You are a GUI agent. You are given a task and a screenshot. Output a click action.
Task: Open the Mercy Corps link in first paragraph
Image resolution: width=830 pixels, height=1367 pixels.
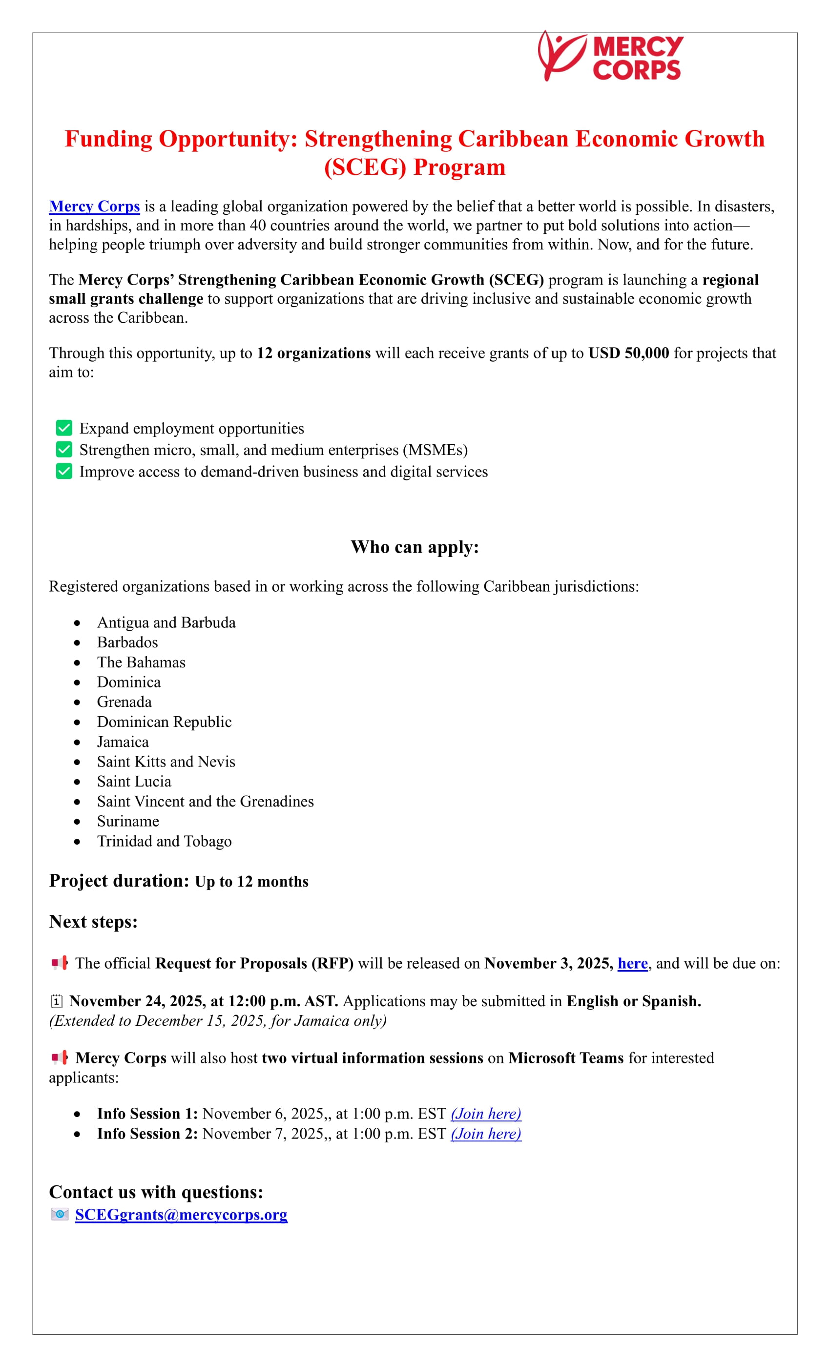point(94,207)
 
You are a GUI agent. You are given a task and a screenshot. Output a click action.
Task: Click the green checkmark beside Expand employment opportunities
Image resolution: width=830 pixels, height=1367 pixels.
point(64,428)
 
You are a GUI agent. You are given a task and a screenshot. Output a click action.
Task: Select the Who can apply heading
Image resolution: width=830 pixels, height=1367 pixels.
point(415,547)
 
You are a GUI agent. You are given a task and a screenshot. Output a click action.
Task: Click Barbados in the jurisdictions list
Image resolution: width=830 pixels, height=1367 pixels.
point(127,642)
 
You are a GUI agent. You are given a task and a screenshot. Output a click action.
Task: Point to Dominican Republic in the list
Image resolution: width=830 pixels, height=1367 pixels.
point(164,722)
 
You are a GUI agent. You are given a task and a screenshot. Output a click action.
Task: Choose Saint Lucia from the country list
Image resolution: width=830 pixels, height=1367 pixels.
point(134,782)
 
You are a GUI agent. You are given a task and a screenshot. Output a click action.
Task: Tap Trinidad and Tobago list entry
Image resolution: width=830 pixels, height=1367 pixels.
point(164,841)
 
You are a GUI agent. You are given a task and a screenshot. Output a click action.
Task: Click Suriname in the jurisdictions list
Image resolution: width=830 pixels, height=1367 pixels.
point(127,821)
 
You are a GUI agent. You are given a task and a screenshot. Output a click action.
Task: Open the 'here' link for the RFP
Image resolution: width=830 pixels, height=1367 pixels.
point(632,964)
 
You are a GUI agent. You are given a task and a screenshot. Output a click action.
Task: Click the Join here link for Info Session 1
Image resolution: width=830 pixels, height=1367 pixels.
point(485,1114)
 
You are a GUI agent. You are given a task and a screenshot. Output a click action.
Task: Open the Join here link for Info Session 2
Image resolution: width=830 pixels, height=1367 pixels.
point(485,1134)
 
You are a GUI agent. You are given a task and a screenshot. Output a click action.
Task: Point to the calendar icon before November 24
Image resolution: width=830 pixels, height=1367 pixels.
point(56,1001)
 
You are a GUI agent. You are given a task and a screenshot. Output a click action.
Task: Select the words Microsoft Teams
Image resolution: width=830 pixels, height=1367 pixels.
point(566,1058)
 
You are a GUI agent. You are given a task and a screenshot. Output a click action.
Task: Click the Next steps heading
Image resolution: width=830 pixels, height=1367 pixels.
point(93,922)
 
